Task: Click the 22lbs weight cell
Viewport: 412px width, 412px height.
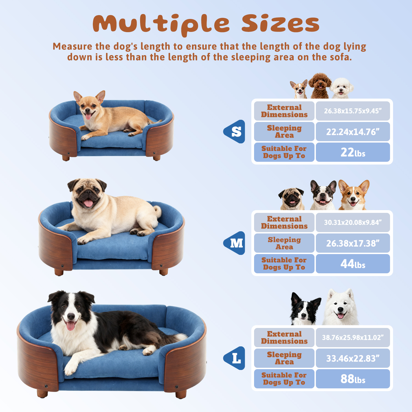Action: [353, 152]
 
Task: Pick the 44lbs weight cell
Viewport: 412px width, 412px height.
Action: [353, 264]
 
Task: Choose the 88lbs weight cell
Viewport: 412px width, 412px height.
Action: [353, 379]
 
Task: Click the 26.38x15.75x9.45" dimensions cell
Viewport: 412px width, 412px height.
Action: [353, 111]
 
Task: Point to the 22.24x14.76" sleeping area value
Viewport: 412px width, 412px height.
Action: [353, 132]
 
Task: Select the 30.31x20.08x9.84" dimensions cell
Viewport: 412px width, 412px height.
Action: [353, 222]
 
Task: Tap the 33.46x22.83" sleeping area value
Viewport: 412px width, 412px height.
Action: [353, 358]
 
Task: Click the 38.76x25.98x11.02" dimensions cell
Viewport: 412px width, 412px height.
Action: [353, 337]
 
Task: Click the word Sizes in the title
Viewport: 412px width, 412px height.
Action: [280, 23]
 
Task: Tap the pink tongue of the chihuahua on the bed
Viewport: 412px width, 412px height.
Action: [88, 116]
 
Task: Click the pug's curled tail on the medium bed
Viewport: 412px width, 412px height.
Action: [158, 211]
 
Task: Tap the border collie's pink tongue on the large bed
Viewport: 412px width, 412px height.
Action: [71, 326]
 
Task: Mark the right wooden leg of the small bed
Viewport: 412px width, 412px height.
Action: [157, 158]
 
